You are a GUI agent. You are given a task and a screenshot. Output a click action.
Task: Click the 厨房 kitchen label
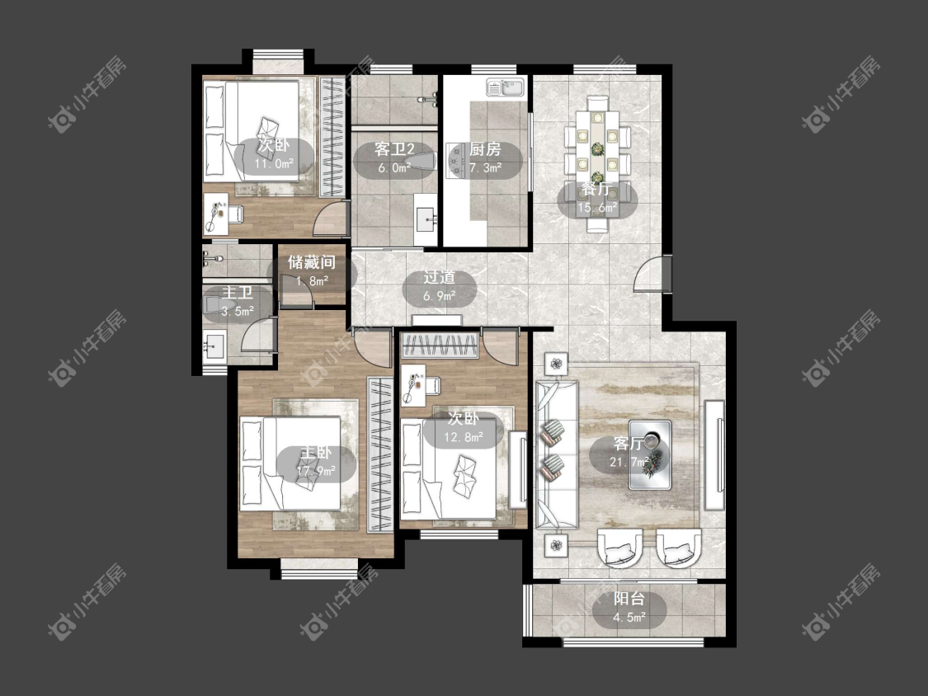pyautogui.click(x=485, y=149)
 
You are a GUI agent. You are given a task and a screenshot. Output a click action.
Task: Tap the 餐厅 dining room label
pyautogui.click(x=596, y=190)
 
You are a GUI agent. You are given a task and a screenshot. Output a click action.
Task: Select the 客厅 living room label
pyautogui.click(x=629, y=444)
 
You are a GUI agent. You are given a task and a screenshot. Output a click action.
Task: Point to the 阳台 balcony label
pyautogui.click(x=629, y=599)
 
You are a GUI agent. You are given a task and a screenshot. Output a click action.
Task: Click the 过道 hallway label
pyautogui.click(x=439, y=277)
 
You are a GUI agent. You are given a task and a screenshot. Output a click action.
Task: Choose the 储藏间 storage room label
pyautogui.click(x=312, y=262)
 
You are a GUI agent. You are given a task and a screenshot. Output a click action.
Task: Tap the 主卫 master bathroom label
pyautogui.click(x=238, y=293)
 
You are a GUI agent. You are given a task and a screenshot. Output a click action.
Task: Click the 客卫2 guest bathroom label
pyautogui.click(x=393, y=149)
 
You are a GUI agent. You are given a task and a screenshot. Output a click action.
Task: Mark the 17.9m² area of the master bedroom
pyautogui.click(x=316, y=471)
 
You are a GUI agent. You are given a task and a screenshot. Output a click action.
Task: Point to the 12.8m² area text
pyautogui.click(x=464, y=437)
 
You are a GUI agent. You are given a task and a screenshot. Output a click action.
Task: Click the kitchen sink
pyautogui.click(x=506, y=88)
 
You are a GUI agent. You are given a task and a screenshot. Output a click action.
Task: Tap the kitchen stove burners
pyautogui.click(x=455, y=160)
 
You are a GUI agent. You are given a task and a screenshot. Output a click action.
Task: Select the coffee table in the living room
pyautogui.click(x=650, y=454)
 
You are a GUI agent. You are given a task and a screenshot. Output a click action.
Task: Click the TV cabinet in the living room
pyautogui.click(x=715, y=454)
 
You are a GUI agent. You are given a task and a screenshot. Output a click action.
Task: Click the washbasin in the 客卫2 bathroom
pyautogui.click(x=426, y=219)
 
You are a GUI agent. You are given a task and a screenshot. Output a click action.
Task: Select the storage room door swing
pyautogui.click(x=296, y=291)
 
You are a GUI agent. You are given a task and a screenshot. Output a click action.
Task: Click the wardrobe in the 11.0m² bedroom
pyautogui.click(x=332, y=138)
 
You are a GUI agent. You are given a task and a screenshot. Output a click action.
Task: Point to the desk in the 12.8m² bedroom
pyautogui.click(x=413, y=384)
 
